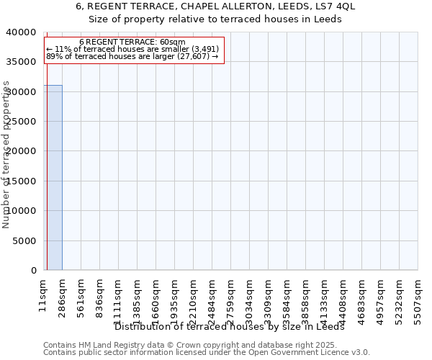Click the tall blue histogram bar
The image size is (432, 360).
pos(53,177)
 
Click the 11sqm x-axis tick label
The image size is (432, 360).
pos(44,292)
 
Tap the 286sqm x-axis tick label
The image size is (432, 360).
pos(63,294)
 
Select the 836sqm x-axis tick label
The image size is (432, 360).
pos(100,294)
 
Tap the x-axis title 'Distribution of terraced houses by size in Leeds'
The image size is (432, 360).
pos(230,327)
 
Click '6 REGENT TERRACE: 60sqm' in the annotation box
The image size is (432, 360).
pos(132,42)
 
